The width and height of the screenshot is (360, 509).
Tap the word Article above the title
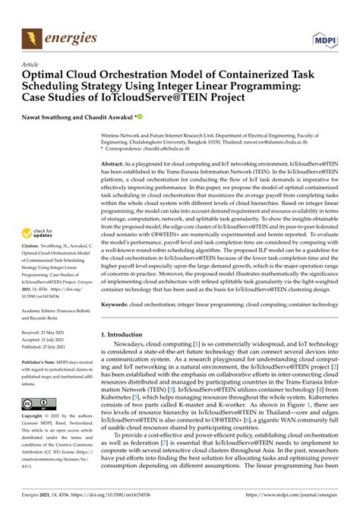pos(32,65)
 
